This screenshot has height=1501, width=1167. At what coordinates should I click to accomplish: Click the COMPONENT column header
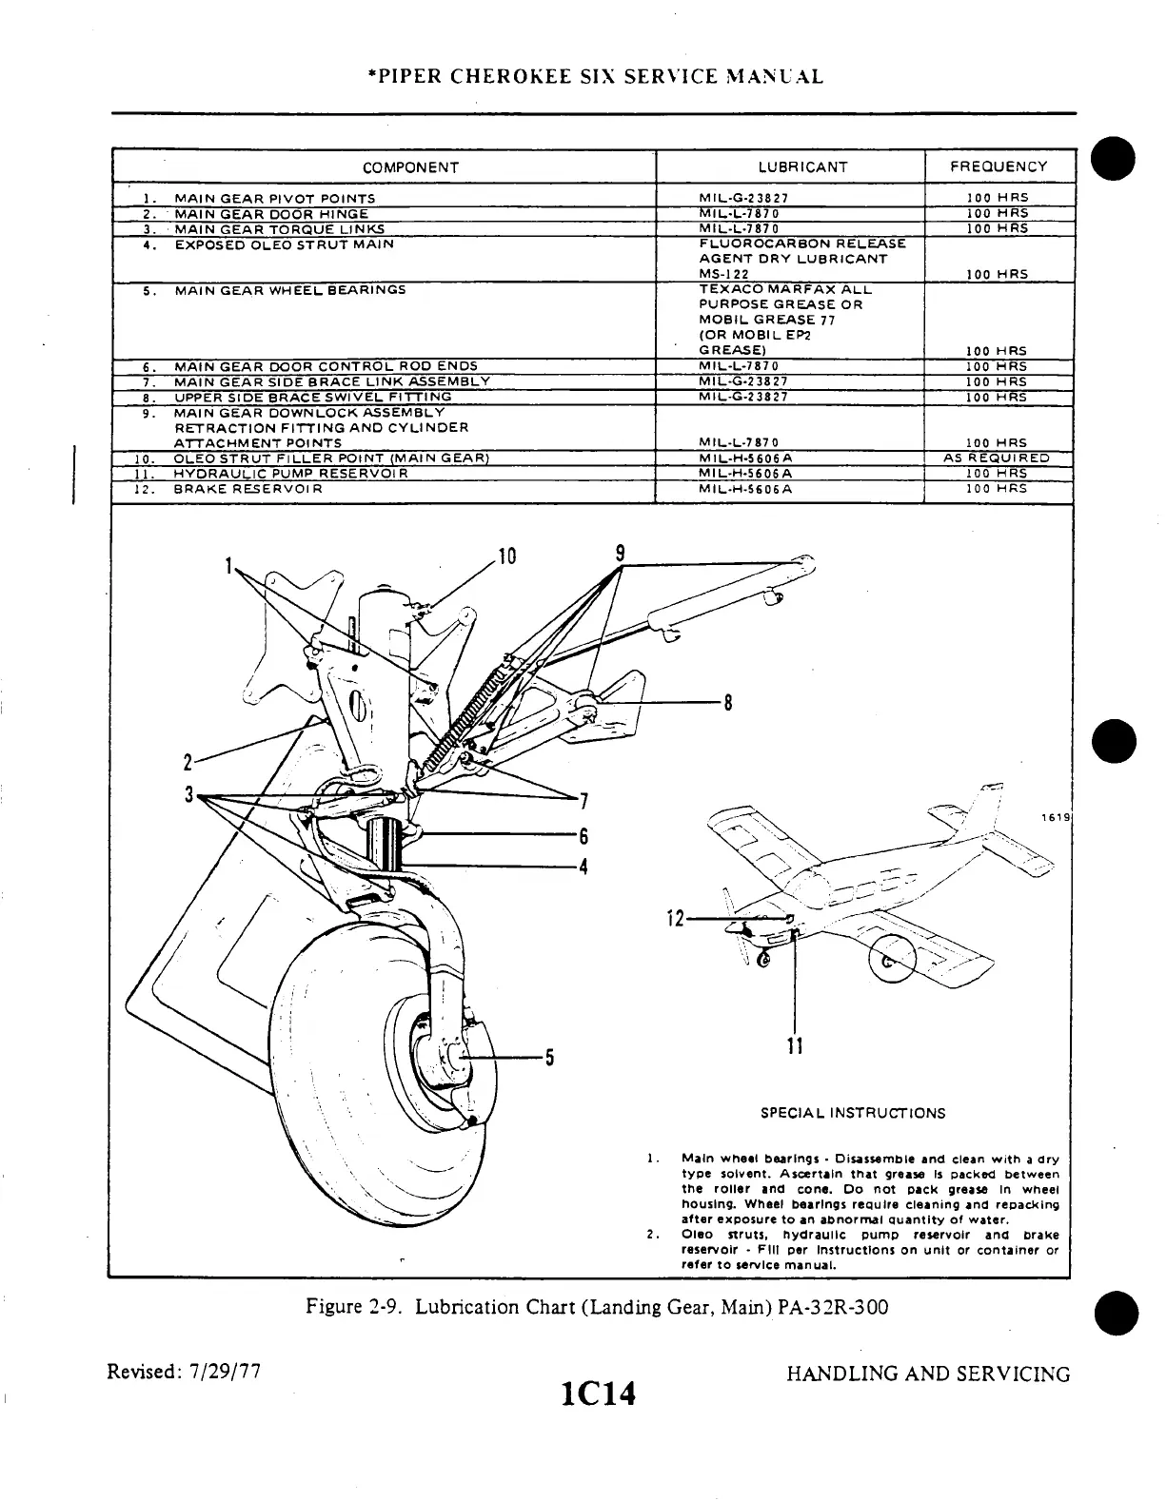[x=410, y=167]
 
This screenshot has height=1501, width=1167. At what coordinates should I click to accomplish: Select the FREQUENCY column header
[x=998, y=167]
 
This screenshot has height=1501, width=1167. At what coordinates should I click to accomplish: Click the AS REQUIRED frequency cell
[x=997, y=458]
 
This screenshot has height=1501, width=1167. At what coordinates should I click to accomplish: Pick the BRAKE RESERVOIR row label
[x=248, y=488]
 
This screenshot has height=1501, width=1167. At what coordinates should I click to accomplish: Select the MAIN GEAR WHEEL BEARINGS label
[x=290, y=289]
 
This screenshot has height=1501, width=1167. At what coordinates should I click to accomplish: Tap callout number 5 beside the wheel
[x=549, y=1058]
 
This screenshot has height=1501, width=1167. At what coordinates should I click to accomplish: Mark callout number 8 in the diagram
[x=728, y=704]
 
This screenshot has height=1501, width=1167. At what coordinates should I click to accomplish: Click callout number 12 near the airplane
[x=675, y=919]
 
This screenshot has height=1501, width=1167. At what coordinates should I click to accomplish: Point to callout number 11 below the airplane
[x=796, y=1046]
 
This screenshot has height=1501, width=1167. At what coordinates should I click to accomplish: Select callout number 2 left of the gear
[x=188, y=762]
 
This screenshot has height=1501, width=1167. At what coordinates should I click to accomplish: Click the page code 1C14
[x=598, y=1394]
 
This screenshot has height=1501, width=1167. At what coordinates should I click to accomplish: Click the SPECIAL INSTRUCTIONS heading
[x=853, y=1113]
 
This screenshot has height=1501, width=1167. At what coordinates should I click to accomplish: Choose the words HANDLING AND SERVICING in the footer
[x=928, y=1374]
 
